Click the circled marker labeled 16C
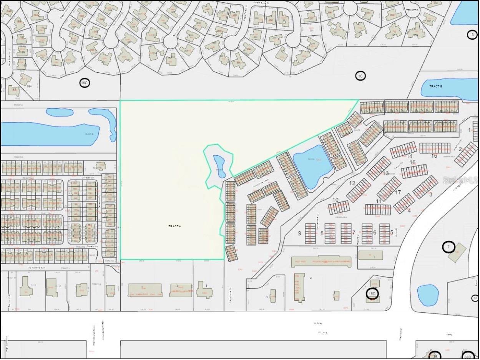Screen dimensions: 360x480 click(85, 83)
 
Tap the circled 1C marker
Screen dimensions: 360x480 click(360, 76)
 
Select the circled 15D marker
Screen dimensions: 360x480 click(372, 294)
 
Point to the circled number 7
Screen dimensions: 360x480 click(448, 247)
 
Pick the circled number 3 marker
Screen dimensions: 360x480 click(472, 35)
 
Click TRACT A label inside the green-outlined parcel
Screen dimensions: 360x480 click(174, 226)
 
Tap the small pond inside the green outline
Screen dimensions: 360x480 click(219, 166)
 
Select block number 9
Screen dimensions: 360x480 click(299, 233)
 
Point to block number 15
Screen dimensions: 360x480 click(434, 156)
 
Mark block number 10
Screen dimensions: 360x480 click(336, 200)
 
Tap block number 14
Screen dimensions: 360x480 click(410, 156)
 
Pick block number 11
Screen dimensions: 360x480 click(379, 201)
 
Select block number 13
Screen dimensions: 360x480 click(386, 173)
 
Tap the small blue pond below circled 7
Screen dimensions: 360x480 click(428, 295)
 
